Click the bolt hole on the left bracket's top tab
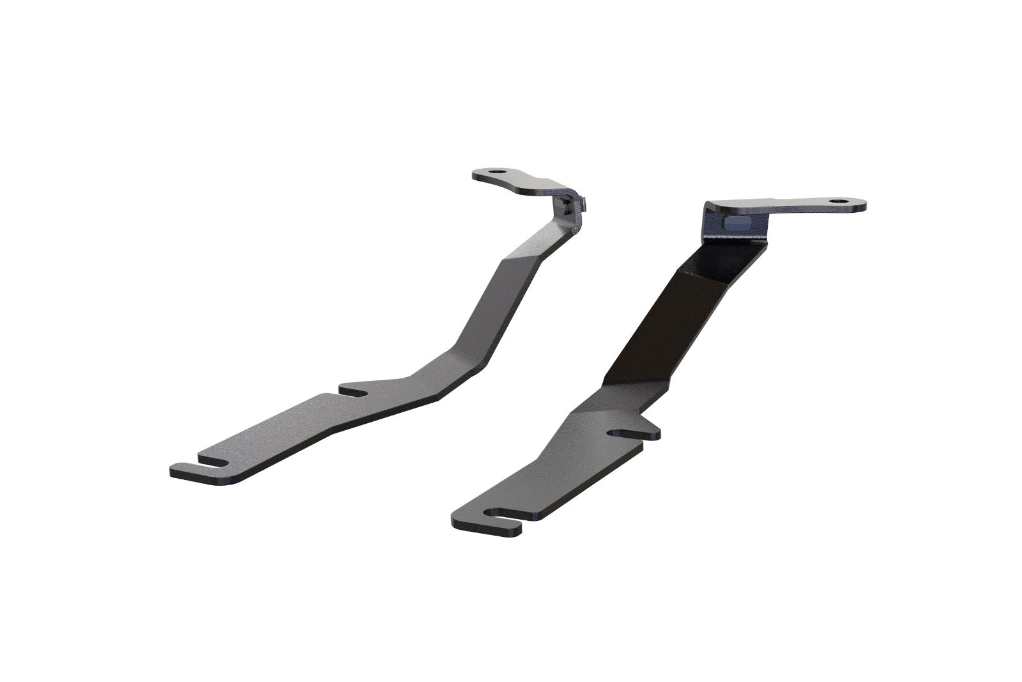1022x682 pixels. coord(498,173)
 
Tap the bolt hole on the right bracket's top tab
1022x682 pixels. coord(835,202)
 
